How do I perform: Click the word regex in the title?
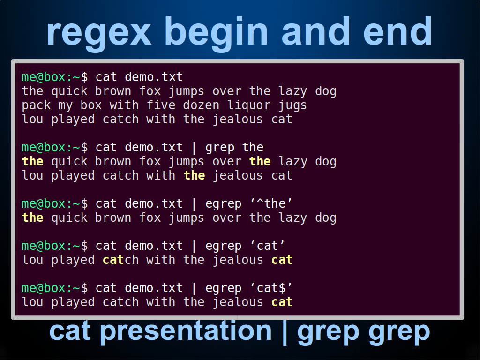99,32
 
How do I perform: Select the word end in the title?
397,30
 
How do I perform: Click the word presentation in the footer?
186,331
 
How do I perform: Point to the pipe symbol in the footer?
285,332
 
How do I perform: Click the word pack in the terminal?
36,105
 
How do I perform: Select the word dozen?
201,105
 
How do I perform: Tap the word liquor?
249,105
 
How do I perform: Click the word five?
161,105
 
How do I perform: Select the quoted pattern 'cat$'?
271,288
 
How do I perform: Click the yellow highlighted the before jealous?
195,176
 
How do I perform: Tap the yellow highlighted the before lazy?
260,162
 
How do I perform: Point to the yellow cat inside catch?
113,260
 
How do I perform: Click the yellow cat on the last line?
282,302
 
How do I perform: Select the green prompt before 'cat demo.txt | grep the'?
54,148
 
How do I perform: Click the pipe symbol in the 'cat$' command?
194,288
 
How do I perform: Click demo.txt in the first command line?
154,77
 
